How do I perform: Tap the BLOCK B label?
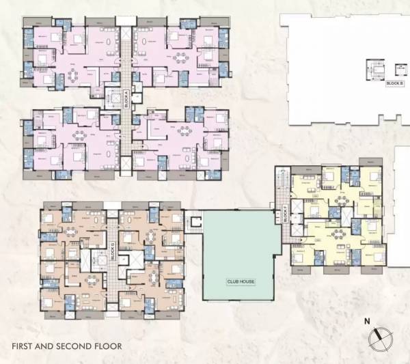[x=394, y=83]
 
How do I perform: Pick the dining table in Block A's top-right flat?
[x=180, y=56]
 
